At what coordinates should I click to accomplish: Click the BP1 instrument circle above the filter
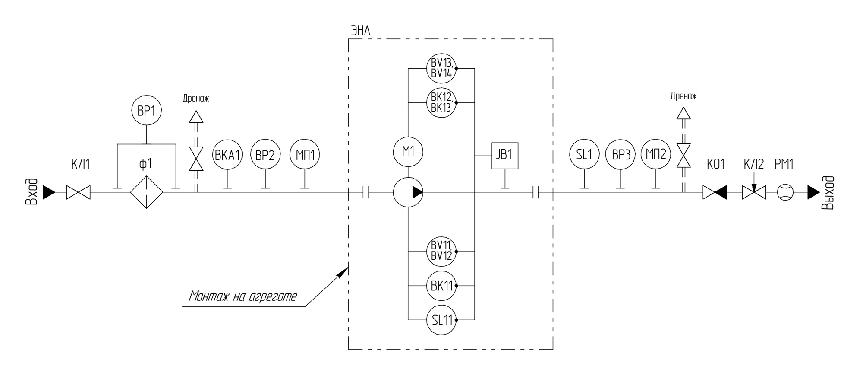(146, 111)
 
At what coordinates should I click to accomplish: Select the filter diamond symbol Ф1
(147, 192)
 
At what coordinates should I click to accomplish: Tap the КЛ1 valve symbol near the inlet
(79, 192)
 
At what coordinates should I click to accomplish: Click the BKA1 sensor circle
(227, 154)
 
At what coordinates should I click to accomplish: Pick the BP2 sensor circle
(265, 154)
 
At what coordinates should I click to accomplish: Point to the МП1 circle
(305, 154)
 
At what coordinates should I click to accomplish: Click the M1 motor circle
(408, 152)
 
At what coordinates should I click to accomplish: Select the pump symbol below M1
(408, 192)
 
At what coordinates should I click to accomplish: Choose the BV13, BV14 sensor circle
(441, 68)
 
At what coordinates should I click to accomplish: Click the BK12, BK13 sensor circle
(441, 102)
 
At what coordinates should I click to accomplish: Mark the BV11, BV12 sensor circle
(441, 251)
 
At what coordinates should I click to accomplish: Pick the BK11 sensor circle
(441, 286)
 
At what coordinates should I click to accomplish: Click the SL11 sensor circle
(441, 320)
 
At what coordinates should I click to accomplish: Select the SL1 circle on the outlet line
(584, 154)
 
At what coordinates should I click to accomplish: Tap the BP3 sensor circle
(620, 154)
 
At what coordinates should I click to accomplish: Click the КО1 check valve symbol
(715, 192)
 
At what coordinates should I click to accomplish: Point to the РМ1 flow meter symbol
(785, 192)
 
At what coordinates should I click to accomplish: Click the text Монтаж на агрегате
(243, 296)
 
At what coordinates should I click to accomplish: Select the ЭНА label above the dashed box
(360, 31)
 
